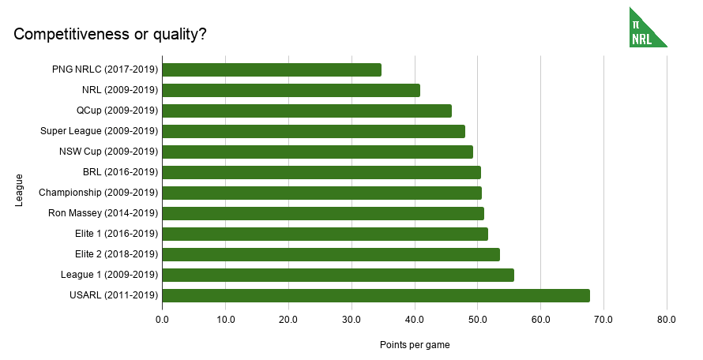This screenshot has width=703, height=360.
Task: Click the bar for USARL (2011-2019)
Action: click(376, 295)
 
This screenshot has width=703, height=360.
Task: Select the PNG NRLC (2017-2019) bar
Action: click(272, 69)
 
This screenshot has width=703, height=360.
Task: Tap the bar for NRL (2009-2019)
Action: click(291, 90)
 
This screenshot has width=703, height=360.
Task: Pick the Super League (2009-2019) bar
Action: click(314, 131)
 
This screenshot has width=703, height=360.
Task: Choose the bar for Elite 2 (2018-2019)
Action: click(331, 254)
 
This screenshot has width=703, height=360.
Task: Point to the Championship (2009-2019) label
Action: click(99, 193)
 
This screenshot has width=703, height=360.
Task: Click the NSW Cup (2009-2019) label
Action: click(109, 152)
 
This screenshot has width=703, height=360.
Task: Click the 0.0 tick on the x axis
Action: click(162, 319)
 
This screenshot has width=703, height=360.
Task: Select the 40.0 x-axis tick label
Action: click(414, 319)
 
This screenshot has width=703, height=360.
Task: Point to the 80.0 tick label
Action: click(666, 319)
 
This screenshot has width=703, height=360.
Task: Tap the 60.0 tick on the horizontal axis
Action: click(540, 319)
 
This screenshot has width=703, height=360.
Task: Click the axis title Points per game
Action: click(415, 345)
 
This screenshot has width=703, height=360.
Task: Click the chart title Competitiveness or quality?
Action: click(111, 34)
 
